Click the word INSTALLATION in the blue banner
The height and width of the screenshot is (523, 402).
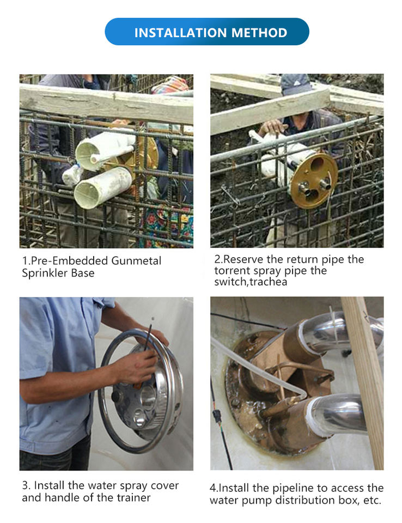[181, 33]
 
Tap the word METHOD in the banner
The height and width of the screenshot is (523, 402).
[259, 33]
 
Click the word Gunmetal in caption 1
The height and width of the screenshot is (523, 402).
[136, 260]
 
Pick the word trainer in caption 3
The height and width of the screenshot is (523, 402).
[133, 497]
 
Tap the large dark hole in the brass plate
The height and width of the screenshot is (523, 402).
[317, 165]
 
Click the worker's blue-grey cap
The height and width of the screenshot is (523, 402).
[295, 84]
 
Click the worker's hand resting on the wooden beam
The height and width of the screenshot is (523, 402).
[272, 127]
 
